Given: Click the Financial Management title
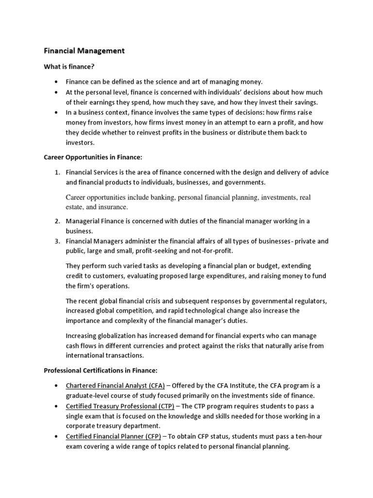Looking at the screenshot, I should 85,51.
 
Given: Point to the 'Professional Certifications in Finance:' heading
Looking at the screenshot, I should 101,371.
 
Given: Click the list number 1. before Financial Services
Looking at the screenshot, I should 57,172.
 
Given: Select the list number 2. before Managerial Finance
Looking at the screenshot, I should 57,221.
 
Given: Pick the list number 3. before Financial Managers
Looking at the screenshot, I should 57,241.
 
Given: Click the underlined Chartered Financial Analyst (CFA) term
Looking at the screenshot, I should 116,386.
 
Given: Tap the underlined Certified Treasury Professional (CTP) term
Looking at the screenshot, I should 120,406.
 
